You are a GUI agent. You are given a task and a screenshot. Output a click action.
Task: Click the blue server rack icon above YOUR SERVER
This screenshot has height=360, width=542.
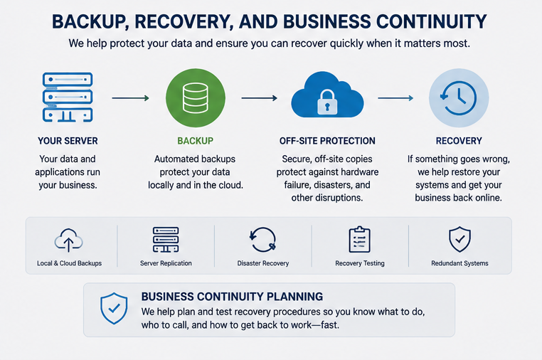point(68,97)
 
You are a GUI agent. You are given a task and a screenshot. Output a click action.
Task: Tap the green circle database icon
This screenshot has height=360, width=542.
point(196,98)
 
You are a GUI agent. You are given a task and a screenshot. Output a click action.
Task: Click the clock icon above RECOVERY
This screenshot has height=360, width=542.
point(459,98)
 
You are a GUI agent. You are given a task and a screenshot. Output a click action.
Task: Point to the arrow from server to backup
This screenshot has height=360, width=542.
point(130,98)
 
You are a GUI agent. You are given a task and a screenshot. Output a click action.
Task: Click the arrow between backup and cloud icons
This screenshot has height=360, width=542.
point(259,98)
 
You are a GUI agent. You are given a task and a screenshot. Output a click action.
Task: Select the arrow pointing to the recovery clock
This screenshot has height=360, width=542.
point(395,98)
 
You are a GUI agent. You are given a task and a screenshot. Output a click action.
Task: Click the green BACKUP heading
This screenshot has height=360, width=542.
point(196,141)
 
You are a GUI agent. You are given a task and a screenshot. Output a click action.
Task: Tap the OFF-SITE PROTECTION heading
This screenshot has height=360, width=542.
point(327,141)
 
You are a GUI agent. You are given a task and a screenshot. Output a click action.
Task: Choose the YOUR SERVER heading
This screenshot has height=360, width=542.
point(68,141)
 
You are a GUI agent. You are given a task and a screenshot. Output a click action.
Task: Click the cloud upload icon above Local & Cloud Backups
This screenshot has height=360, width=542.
point(68,240)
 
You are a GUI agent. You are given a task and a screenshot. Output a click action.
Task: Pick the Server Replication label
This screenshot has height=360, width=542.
point(166,263)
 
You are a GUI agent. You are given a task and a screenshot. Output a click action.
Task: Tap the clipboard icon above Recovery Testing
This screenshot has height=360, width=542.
point(359,240)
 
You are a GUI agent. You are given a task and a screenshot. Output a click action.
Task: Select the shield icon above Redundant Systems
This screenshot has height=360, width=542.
point(459,239)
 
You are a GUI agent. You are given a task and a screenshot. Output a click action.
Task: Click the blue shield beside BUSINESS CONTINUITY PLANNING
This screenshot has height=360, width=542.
point(114,309)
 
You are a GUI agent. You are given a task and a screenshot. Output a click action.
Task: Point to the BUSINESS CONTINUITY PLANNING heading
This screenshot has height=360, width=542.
point(232,297)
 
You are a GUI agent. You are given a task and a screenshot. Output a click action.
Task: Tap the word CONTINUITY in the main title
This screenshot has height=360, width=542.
point(431,21)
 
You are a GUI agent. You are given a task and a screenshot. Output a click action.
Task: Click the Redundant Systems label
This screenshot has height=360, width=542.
point(459,263)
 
